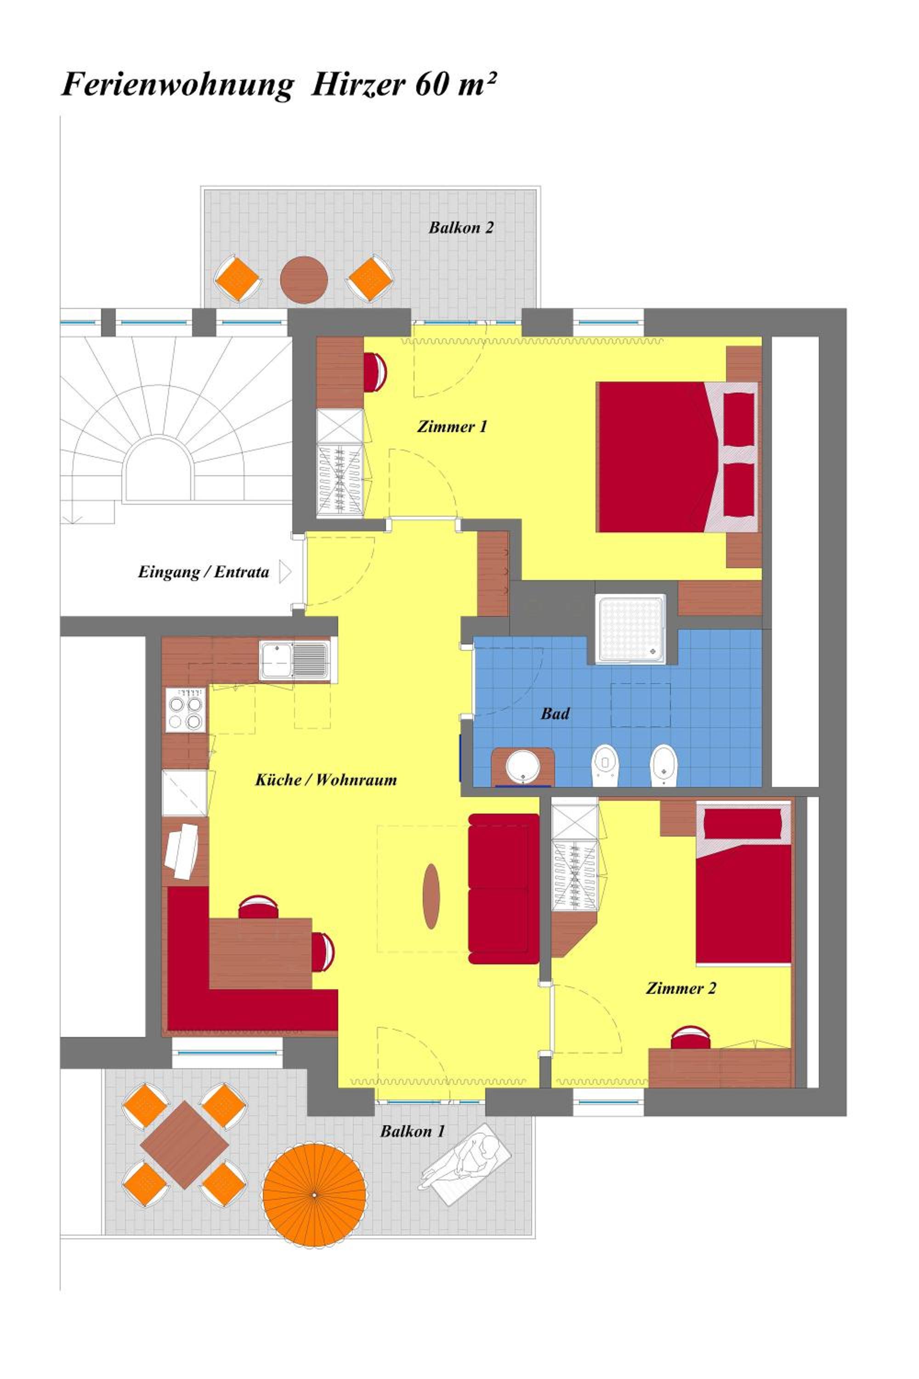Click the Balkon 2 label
(x=461, y=228)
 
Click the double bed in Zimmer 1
(x=677, y=457)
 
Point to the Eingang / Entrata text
(x=204, y=572)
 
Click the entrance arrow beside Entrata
(x=285, y=572)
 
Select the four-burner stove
(x=186, y=710)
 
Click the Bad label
(x=555, y=713)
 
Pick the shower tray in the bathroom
(x=630, y=629)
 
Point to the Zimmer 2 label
(x=681, y=988)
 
